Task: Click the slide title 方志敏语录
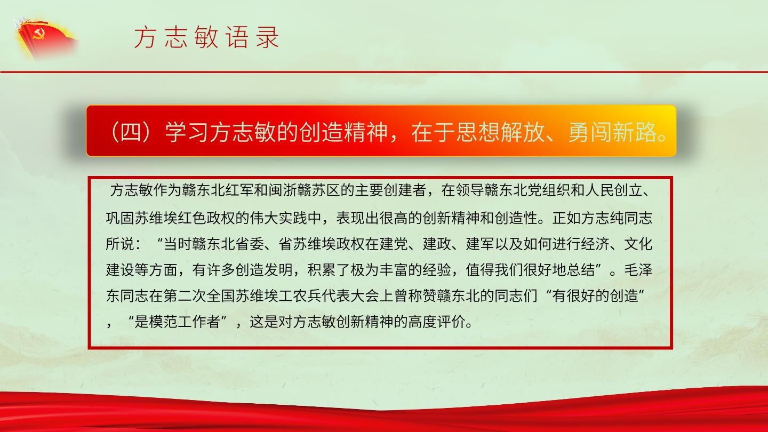(x=206, y=37)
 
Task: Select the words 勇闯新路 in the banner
(x=612, y=132)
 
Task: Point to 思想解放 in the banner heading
(x=500, y=132)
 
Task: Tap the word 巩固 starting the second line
(x=120, y=218)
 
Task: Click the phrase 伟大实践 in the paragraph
(x=278, y=218)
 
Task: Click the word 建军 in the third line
(x=480, y=244)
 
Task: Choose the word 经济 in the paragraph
(x=595, y=244)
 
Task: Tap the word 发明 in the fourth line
(x=278, y=270)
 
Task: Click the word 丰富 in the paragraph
(x=394, y=270)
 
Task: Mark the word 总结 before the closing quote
(x=581, y=270)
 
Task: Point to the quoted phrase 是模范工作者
(x=177, y=322)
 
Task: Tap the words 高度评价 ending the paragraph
(x=437, y=322)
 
